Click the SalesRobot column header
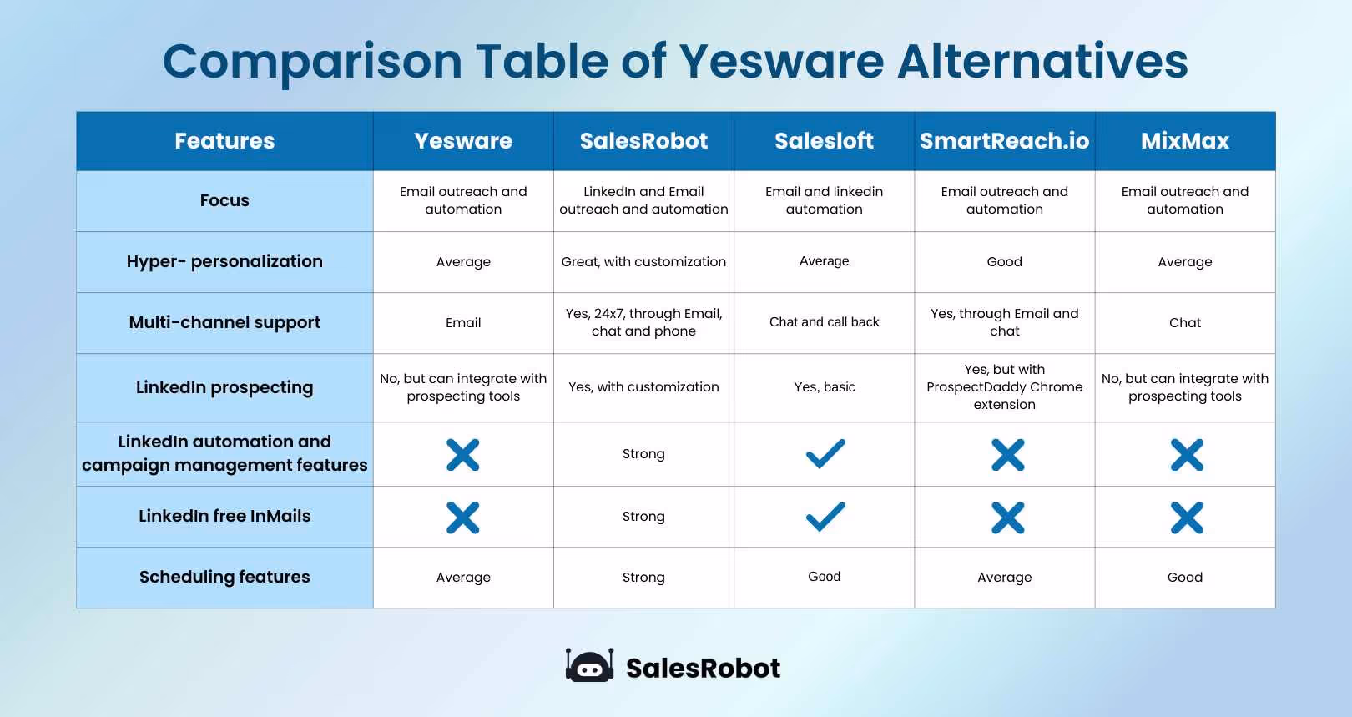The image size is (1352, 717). point(643,141)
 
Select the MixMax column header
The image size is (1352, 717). point(1185,141)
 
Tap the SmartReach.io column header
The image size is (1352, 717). point(1004,141)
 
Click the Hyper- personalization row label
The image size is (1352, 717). point(224,261)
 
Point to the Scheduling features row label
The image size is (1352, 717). point(224,577)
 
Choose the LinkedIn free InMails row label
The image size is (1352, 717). point(224,516)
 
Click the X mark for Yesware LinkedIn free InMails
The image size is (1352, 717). point(463,518)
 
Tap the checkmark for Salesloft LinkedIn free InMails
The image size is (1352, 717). point(825,517)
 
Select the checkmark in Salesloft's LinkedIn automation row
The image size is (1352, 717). point(825,454)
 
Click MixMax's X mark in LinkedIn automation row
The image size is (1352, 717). point(1186,455)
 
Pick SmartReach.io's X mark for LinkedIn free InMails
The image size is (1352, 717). point(1007,518)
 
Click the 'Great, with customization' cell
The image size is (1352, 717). point(643,261)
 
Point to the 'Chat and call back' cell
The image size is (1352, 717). point(825,322)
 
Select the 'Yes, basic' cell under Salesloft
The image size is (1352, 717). point(825,387)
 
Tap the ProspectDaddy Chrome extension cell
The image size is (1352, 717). point(1004,387)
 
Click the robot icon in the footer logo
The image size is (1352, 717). point(589,666)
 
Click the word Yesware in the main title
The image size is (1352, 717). point(781,62)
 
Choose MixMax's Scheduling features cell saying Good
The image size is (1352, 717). point(1185,577)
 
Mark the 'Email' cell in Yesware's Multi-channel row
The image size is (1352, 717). point(463,323)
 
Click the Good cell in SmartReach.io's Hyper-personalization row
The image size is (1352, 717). point(1004,262)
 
